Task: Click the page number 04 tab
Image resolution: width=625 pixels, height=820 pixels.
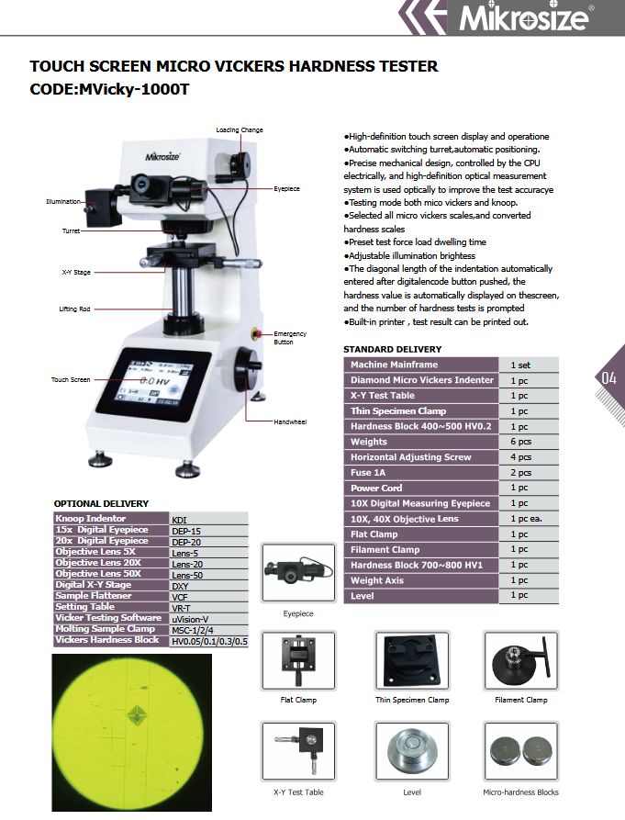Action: click(608, 378)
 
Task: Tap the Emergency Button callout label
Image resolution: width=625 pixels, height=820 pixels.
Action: click(290, 338)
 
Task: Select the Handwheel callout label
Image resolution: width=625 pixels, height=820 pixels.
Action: click(290, 422)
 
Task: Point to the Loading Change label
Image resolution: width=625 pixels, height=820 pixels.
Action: click(240, 129)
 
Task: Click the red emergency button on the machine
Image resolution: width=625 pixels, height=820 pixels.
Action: click(256, 333)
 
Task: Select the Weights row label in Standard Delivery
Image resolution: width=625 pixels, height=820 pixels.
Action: click(369, 442)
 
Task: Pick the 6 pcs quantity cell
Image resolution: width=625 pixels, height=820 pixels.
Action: click(521, 442)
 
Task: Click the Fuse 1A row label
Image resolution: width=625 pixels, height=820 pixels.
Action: click(368, 473)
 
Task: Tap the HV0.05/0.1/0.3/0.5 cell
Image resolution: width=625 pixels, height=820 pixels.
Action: click(209, 642)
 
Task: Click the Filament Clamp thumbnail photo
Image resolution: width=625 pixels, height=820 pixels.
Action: click(521, 660)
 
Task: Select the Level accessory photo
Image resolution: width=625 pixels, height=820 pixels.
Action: click(412, 751)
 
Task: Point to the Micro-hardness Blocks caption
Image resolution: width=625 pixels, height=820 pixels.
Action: click(520, 792)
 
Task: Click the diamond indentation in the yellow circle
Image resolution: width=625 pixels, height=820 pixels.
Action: click(137, 714)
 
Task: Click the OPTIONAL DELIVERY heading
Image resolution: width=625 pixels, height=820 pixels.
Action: click(101, 503)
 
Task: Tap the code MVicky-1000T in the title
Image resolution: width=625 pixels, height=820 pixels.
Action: click(133, 89)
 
